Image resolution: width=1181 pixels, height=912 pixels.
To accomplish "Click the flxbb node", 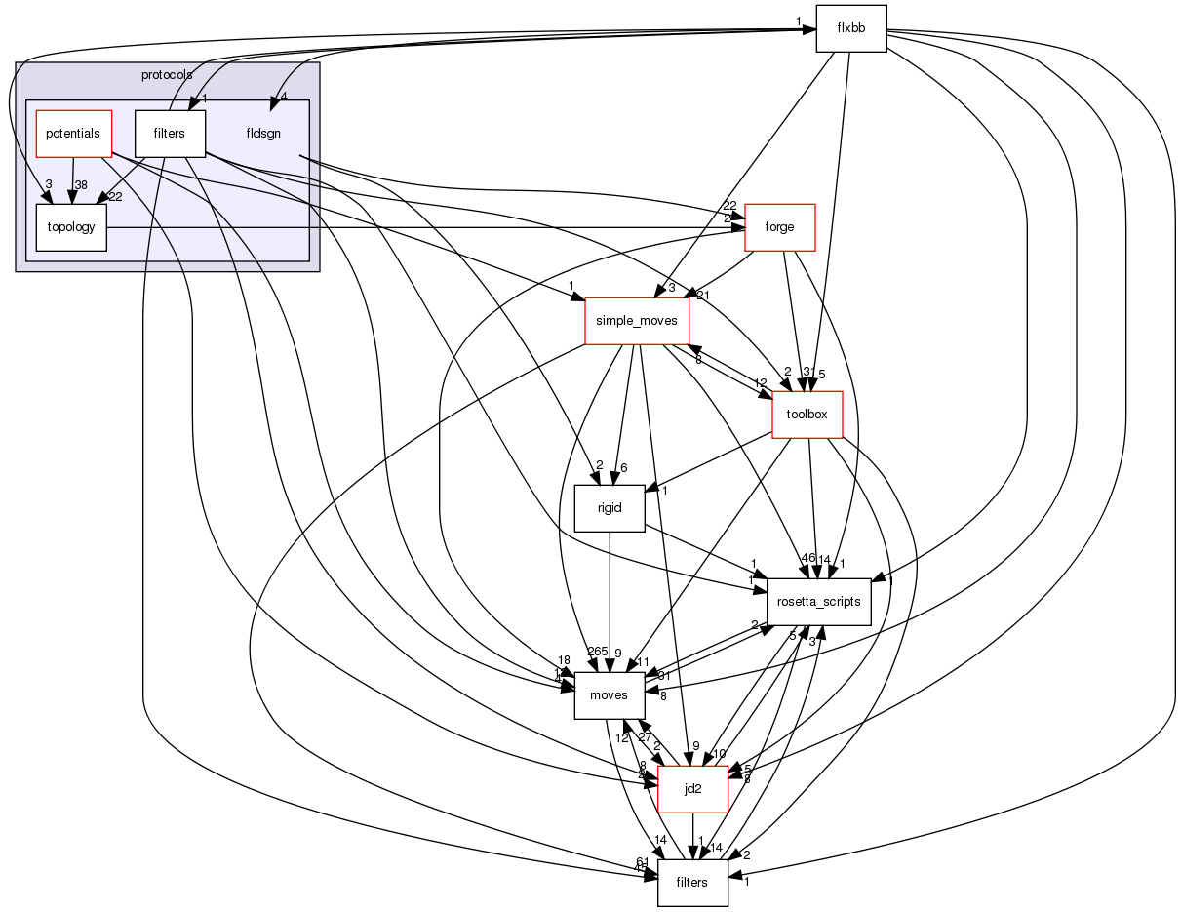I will pyautogui.click(x=850, y=28).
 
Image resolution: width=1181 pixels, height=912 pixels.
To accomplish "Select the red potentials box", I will pyautogui.click(x=73, y=133).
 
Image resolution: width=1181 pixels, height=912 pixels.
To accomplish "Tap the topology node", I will pyautogui.click(x=71, y=227).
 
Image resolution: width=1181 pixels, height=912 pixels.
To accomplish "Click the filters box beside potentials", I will pyautogui.click(x=169, y=133).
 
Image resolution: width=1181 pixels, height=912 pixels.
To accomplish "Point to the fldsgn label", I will pyautogui.click(x=263, y=133).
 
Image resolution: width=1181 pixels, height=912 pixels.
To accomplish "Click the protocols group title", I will pyautogui.click(x=167, y=74).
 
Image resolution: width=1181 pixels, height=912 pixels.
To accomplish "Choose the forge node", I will pyautogui.click(x=779, y=227).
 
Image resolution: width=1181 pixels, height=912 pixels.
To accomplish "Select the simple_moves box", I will pyautogui.click(x=638, y=321).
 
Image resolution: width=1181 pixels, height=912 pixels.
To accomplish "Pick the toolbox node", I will pyautogui.click(x=807, y=414).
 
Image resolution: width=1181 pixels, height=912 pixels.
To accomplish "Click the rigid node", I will pyautogui.click(x=610, y=508).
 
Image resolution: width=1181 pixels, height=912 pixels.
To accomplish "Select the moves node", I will pyautogui.click(x=610, y=694).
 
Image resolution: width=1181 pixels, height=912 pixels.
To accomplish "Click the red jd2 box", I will pyautogui.click(x=693, y=789).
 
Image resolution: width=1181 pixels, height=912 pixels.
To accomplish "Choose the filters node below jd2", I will pyautogui.click(x=692, y=883).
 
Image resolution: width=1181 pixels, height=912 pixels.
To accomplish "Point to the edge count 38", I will pyautogui.click(x=81, y=184).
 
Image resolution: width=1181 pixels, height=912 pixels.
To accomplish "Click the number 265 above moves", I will pyautogui.click(x=597, y=652).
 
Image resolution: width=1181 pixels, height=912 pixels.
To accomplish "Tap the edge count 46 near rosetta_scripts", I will pyautogui.click(x=807, y=558).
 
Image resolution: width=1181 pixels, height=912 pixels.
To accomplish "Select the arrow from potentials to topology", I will pyautogui.click(x=72, y=180).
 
